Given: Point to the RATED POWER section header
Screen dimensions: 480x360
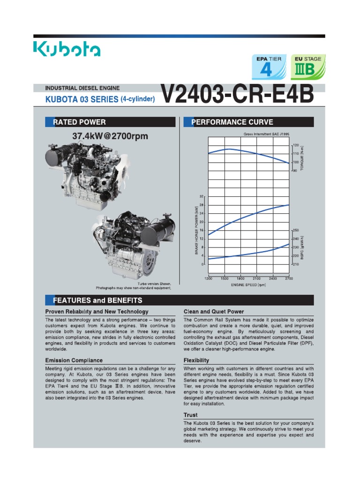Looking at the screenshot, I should point(80,122).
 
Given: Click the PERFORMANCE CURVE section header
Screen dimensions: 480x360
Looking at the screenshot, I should point(232,122).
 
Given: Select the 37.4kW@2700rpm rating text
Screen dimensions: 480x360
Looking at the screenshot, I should point(110,136).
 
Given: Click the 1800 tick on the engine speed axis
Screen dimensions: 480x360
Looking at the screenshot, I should point(241,278).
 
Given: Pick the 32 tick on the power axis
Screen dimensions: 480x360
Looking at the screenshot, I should point(202,196).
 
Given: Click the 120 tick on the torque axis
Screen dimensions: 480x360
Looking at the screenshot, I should point(295,145).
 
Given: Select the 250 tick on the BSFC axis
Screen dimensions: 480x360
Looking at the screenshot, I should point(295,231).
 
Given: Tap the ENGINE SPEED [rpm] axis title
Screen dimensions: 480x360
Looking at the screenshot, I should point(248,285).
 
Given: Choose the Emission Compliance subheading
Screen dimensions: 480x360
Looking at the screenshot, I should point(74,360).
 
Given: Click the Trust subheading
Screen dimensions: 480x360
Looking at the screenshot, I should point(190,415).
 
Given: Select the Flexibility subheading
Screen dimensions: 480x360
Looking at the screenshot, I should point(196,360).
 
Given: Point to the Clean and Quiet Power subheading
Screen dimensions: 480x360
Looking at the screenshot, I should point(213,311).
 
